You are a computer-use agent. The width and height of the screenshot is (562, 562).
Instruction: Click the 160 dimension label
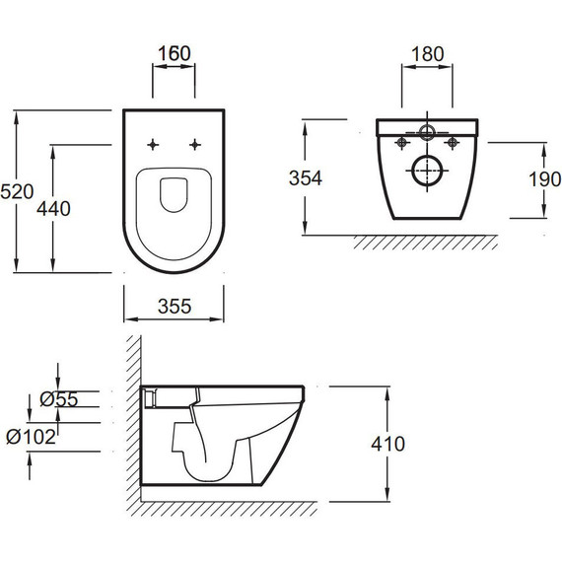click(x=175, y=54)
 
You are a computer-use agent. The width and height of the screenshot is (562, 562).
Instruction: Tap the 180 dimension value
click(x=427, y=54)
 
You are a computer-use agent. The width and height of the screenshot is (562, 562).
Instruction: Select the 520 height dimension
click(x=17, y=191)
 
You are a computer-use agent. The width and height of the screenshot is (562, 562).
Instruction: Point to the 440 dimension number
click(x=53, y=209)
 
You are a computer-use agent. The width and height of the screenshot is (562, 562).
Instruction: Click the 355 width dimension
click(x=175, y=307)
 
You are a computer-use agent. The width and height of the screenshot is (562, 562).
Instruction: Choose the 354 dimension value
click(x=306, y=178)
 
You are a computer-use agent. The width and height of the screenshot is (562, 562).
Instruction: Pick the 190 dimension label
click(x=545, y=179)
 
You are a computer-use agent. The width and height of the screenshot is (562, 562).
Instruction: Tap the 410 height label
click(x=387, y=444)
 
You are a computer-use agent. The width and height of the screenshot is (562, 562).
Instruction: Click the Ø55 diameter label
click(x=59, y=399)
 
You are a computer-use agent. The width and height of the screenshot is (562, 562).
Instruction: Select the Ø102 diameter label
click(x=32, y=437)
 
